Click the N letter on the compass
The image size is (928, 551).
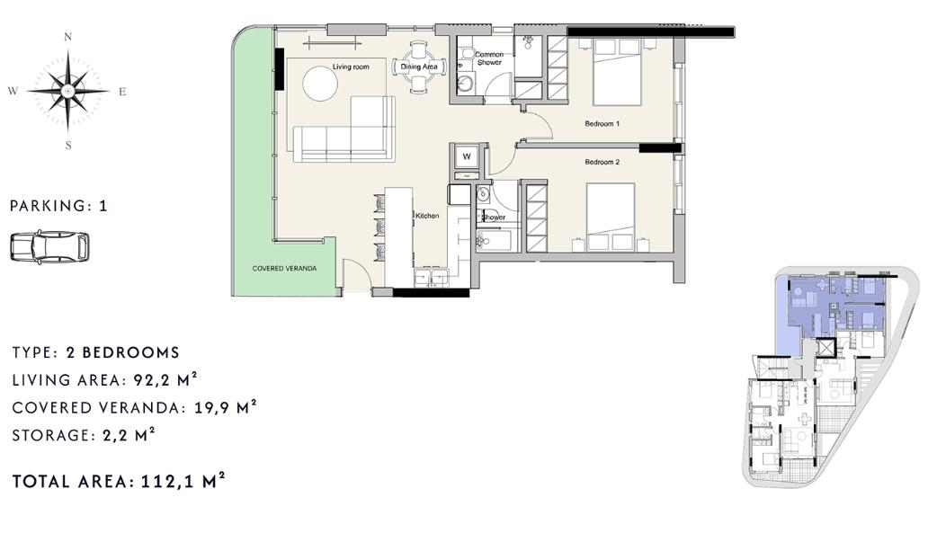(x=68, y=37)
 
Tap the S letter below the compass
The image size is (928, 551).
(x=68, y=145)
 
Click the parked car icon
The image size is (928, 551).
(x=49, y=246)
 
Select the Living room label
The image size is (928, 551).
(x=351, y=67)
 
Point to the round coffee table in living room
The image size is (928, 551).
(x=320, y=84)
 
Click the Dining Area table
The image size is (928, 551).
(x=419, y=67)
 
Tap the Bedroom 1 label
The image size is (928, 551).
(x=602, y=124)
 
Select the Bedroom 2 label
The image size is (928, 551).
(x=602, y=162)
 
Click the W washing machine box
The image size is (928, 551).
(x=467, y=156)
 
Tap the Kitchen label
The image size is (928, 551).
(x=427, y=216)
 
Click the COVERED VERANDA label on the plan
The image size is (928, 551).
(x=284, y=268)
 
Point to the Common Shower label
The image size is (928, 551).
(x=489, y=58)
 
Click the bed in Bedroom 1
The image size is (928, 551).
(x=617, y=72)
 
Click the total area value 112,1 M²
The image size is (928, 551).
(x=183, y=480)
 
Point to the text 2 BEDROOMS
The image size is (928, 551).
(x=122, y=352)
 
